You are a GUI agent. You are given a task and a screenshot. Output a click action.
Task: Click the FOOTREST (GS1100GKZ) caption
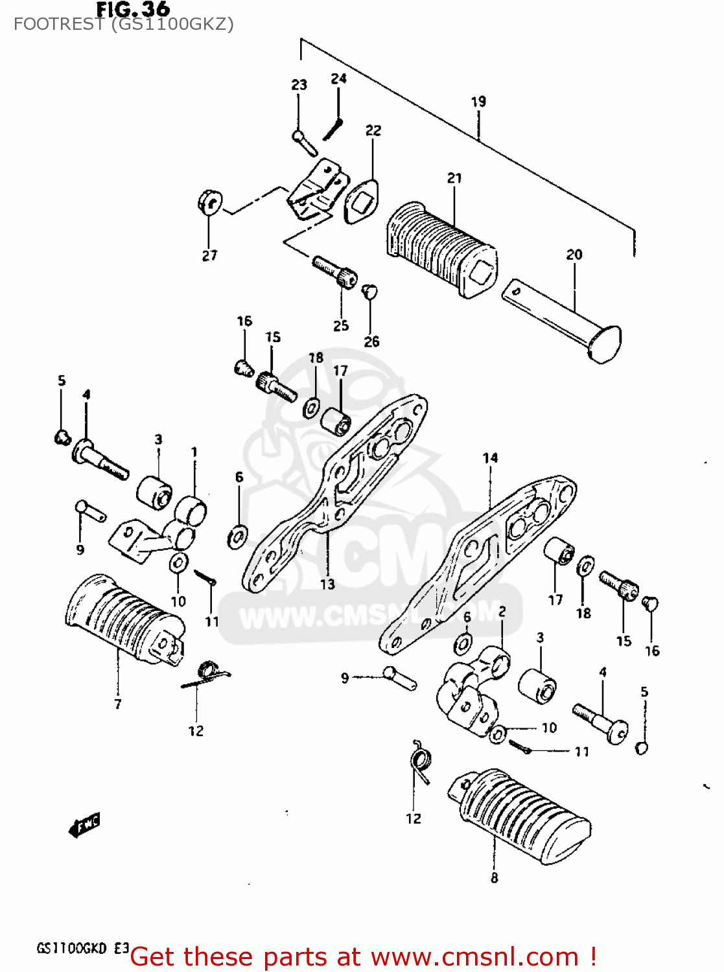[x=123, y=25]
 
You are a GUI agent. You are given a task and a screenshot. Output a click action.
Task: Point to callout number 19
[x=478, y=102]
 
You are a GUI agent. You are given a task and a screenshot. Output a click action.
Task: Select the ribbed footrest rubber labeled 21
[x=441, y=249]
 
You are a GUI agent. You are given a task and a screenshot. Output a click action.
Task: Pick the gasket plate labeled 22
[x=362, y=201]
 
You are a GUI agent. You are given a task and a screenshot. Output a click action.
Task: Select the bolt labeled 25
[x=334, y=271]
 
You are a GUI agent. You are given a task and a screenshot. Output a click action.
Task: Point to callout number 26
[x=371, y=341]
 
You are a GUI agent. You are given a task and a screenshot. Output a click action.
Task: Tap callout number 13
[x=327, y=584]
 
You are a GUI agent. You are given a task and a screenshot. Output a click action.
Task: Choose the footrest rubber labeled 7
[x=123, y=619]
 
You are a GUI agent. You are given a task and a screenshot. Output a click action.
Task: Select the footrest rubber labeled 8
[x=519, y=816]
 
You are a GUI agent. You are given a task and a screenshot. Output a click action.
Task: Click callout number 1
[x=194, y=452]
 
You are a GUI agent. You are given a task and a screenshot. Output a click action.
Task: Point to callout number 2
[x=502, y=611]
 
